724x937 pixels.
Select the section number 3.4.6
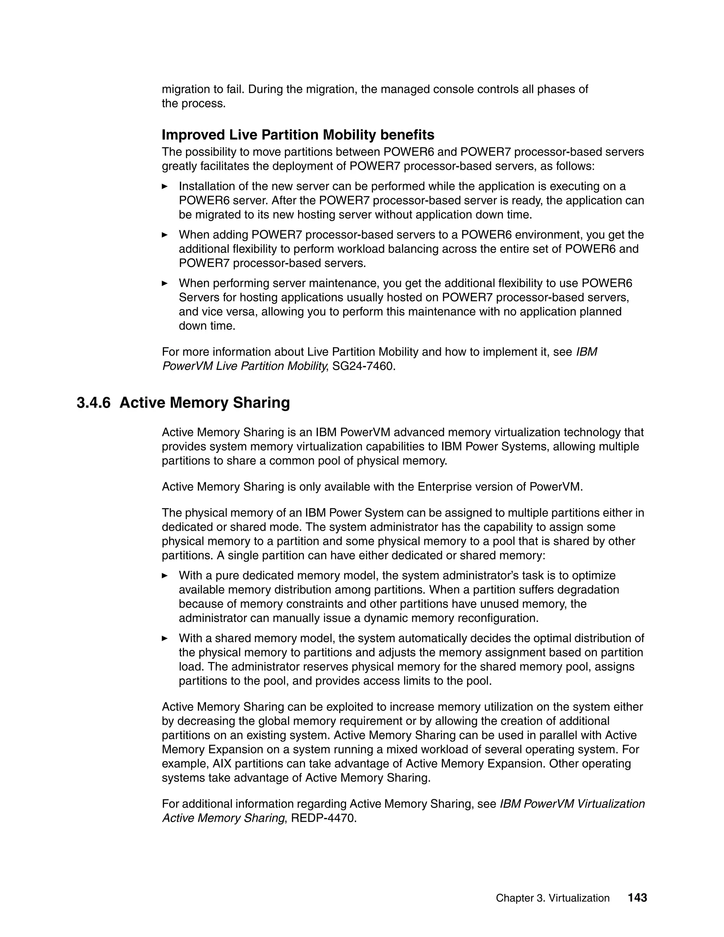point(93,403)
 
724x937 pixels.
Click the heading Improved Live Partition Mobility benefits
point(298,135)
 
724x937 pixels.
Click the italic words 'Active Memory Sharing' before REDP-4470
point(223,818)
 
